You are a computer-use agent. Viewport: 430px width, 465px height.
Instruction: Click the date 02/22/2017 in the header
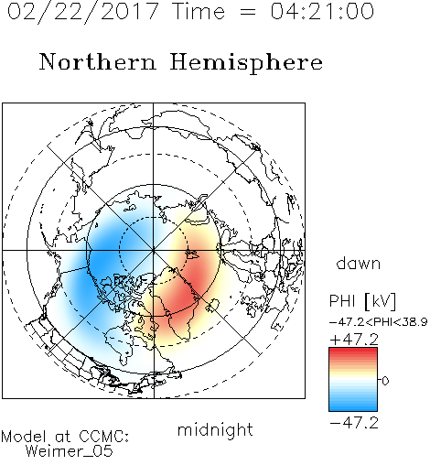pyautogui.click(x=83, y=11)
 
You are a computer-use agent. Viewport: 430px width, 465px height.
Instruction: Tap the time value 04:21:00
pyautogui.click(x=322, y=11)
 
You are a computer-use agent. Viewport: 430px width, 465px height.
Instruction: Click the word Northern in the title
pyautogui.click(x=98, y=62)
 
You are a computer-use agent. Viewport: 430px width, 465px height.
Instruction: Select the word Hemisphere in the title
pyautogui.click(x=246, y=63)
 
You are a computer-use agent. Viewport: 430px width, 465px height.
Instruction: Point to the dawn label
pyautogui.click(x=359, y=263)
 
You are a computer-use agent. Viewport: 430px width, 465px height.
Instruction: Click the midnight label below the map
pyautogui.click(x=215, y=430)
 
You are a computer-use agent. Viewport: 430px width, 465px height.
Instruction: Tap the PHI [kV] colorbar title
pyautogui.click(x=363, y=301)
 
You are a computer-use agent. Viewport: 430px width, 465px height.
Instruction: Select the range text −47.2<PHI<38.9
pyautogui.click(x=378, y=322)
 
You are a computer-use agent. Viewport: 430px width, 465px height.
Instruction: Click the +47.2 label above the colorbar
pyautogui.click(x=354, y=340)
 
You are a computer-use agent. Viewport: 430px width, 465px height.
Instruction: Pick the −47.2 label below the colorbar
pyautogui.click(x=354, y=423)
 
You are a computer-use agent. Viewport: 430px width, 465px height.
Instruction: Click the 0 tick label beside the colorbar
pyautogui.click(x=385, y=381)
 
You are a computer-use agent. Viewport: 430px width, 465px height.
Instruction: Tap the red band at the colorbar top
pyautogui.click(x=353, y=351)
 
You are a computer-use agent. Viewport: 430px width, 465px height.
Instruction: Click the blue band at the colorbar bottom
pyautogui.click(x=353, y=407)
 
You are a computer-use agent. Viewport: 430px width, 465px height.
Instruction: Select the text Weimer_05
pyautogui.click(x=70, y=450)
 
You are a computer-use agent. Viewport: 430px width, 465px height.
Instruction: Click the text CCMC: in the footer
pyautogui.click(x=104, y=437)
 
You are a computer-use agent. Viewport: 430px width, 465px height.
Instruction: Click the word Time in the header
pyautogui.click(x=199, y=11)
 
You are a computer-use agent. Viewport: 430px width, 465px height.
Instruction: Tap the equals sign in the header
pyautogui.click(x=248, y=12)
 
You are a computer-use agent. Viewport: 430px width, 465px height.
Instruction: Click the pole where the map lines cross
pyautogui.click(x=154, y=250)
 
